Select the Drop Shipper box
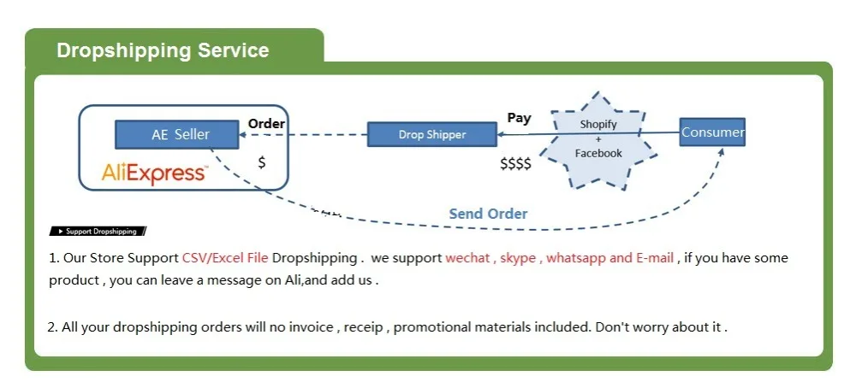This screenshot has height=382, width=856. tap(432, 134)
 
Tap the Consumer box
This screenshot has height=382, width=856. tap(712, 132)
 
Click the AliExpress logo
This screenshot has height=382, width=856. tap(154, 173)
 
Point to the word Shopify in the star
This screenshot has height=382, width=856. tap(598, 124)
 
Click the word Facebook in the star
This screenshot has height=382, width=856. tap(598, 153)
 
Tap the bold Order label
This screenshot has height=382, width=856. tap(266, 124)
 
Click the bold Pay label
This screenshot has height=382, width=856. tap(519, 118)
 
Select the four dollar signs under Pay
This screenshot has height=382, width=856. tap(515, 163)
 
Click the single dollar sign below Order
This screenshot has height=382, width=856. tap(262, 162)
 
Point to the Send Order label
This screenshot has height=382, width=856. tap(488, 214)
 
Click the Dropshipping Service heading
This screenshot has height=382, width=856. tap(163, 50)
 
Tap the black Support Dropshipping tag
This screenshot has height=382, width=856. tap(98, 232)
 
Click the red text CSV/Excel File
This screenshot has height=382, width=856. tap(225, 258)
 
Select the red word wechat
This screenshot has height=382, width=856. tap(467, 258)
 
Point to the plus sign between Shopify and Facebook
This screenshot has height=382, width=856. tap(598, 138)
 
